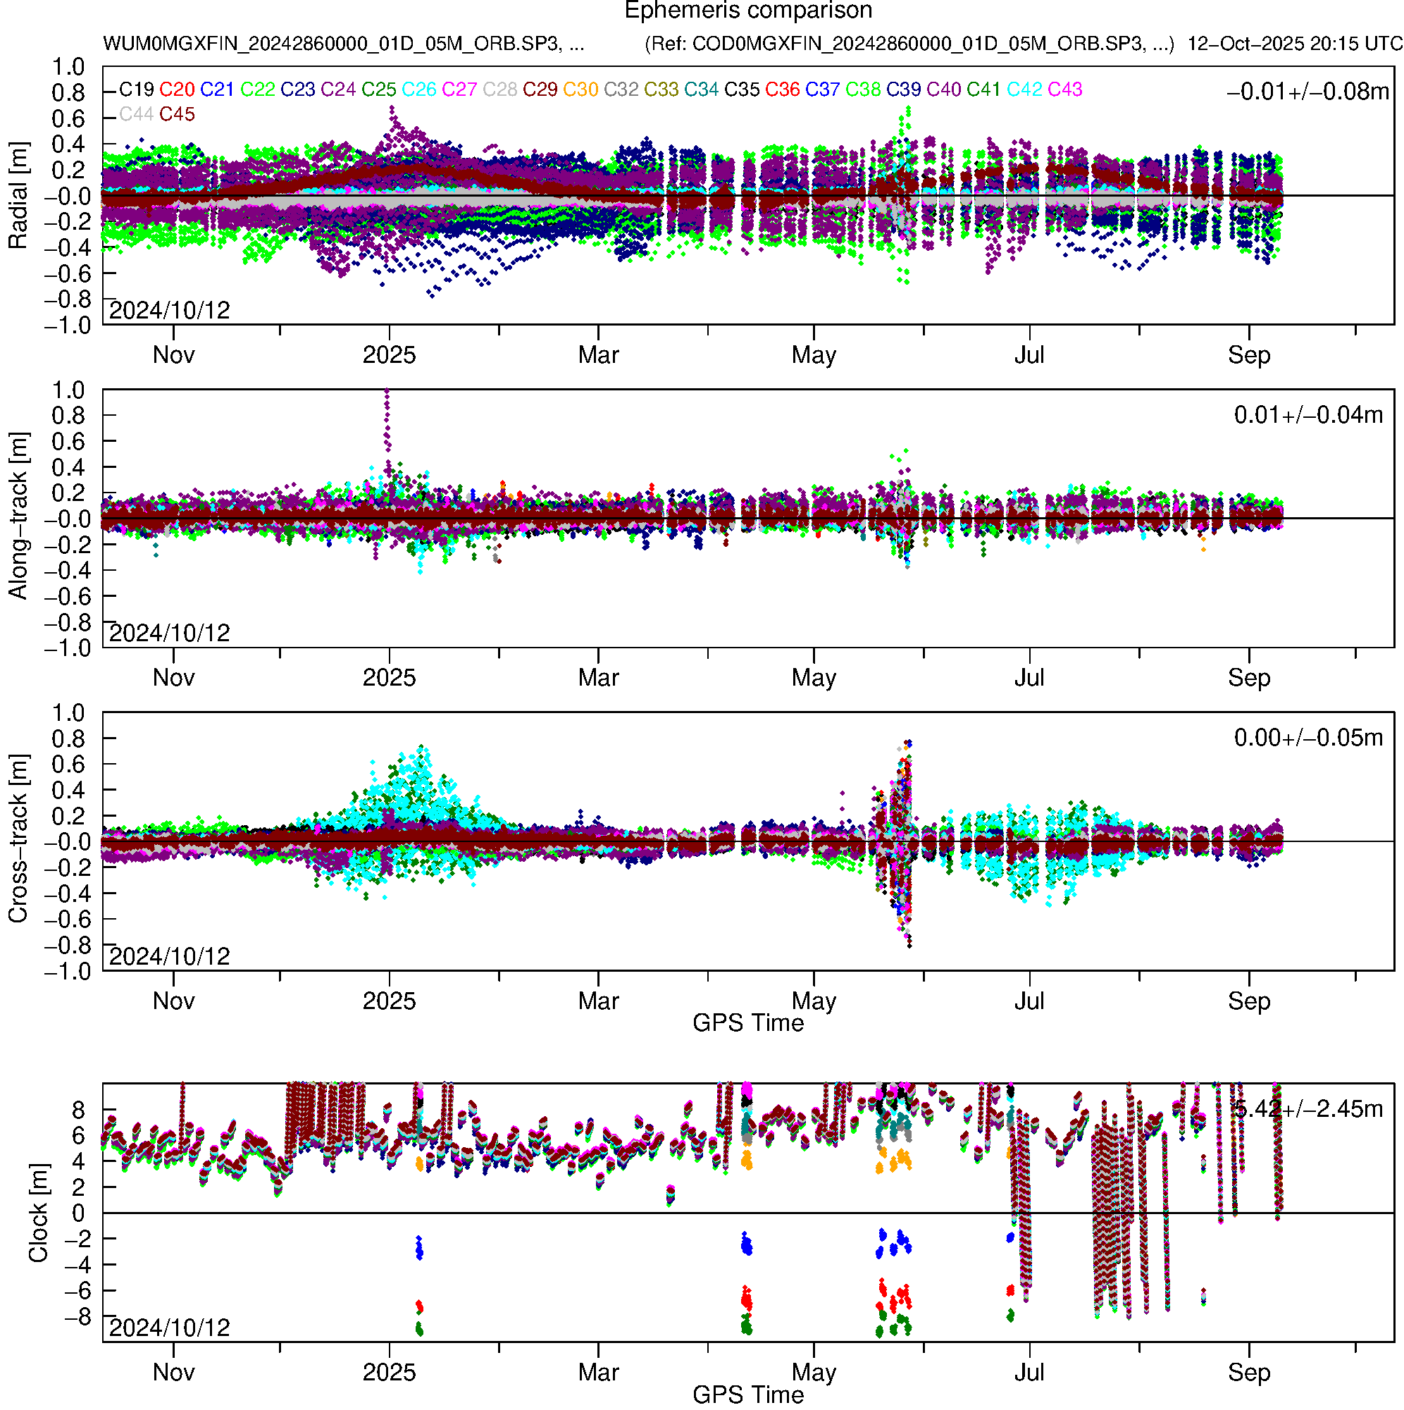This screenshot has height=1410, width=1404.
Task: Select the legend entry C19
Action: click(137, 89)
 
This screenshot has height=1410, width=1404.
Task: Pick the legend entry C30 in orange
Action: click(580, 89)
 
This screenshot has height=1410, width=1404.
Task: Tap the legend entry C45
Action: click(177, 114)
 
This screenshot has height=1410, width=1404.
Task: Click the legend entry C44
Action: click(136, 114)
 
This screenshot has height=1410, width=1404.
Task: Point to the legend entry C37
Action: click(822, 89)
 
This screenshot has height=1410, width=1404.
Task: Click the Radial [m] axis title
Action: click(18, 196)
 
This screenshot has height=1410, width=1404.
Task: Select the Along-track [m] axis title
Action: click(18, 517)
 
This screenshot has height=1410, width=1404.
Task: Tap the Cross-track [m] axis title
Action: click(18, 839)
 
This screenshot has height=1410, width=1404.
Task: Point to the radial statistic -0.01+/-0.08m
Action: click(1307, 91)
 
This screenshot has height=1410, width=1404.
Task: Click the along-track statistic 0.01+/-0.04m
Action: click(1307, 414)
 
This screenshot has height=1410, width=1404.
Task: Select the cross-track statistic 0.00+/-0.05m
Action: click(1307, 738)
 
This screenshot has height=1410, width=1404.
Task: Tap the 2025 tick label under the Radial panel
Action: click(389, 355)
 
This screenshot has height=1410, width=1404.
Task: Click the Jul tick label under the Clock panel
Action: click(1029, 1372)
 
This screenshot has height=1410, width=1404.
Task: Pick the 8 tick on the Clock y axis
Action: click(77, 1110)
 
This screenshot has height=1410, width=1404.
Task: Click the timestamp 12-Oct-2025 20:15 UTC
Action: click(1294, 44)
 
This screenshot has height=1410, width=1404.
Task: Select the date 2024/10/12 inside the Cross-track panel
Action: click(169, 956)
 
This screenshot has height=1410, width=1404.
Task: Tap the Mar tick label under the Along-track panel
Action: click(598, 678)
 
